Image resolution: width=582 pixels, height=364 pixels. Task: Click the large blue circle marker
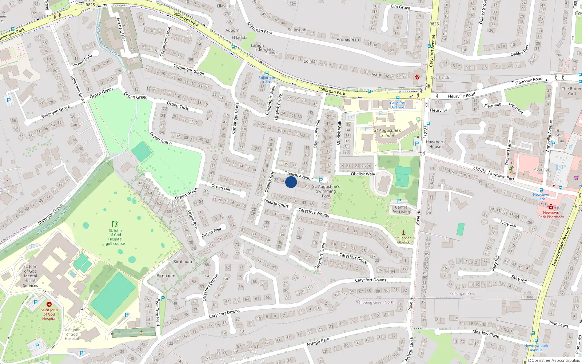[291, 182]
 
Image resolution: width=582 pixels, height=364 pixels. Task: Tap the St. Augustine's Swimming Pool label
[326, 191]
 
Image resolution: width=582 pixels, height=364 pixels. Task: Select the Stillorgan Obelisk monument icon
[403, 232]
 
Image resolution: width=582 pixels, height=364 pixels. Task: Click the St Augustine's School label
[387, 133]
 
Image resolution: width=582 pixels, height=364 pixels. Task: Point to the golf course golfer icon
[115, 223]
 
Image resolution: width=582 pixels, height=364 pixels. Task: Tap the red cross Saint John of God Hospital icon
[49, 304]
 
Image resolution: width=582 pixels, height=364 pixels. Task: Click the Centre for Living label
[401, 210]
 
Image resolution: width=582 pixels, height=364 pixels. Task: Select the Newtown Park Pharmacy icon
[551, 207]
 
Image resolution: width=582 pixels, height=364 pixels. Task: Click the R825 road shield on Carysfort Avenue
[434, 24]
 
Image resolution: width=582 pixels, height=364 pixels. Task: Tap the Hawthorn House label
[435, 145]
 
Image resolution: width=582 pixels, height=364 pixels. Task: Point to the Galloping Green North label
[375, 302]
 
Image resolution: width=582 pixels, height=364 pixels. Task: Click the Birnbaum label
[183, 262]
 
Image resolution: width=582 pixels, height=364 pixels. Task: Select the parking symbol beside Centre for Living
[399, 201]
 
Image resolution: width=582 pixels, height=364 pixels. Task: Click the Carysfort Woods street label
[314, 213]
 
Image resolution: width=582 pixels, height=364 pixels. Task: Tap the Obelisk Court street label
[276, 203]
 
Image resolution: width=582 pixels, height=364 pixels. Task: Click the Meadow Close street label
[486, 334]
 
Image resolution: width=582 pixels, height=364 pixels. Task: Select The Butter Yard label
[571, 91]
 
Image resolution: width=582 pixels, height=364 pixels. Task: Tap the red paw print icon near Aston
[417, 77]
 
